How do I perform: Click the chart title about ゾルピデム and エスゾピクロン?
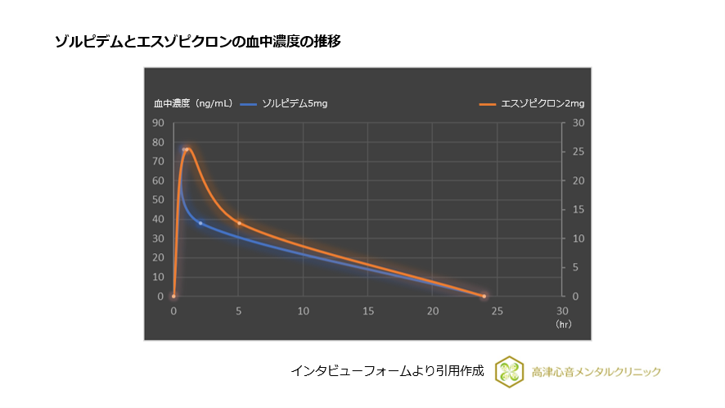click(197, 41)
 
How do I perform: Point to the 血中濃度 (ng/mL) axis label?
click(193, 103)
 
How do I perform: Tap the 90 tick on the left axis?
click(159, 123)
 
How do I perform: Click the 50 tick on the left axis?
click(159, 200)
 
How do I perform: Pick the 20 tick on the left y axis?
click(159, 257)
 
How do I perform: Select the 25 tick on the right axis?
click(577, 152)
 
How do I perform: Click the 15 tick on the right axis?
click(577, 210)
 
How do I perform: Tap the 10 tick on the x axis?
click(303, 311)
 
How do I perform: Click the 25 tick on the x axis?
click(498, 311)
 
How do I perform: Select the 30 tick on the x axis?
click(562, 311)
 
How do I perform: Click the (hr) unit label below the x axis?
click(563, 324)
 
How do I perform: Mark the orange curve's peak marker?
click(187, 149)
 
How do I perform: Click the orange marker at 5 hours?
click(239, 223)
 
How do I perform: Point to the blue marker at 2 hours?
click(200, 223)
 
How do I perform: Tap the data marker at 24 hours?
click(484, 296)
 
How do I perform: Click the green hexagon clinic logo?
click(511, 372)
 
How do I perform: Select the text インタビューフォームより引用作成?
click(387, 372)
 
